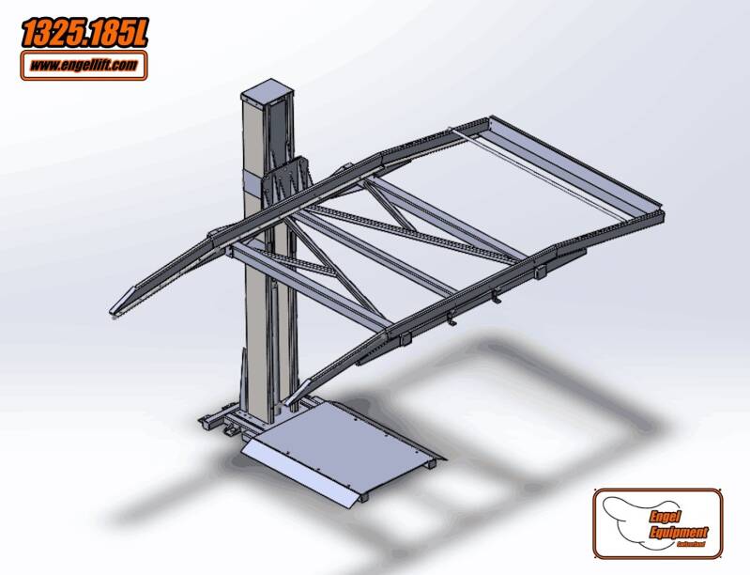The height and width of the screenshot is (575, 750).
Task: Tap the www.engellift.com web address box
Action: (84, 65)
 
